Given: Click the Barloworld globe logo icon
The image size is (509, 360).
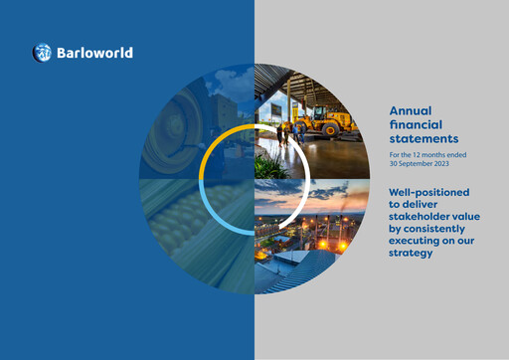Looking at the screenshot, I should pos(41,53).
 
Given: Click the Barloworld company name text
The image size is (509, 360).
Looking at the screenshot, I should pos(94,53).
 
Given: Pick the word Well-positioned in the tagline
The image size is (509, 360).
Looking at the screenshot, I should pos(428,191).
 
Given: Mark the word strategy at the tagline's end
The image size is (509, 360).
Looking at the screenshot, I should pos(410,253).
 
